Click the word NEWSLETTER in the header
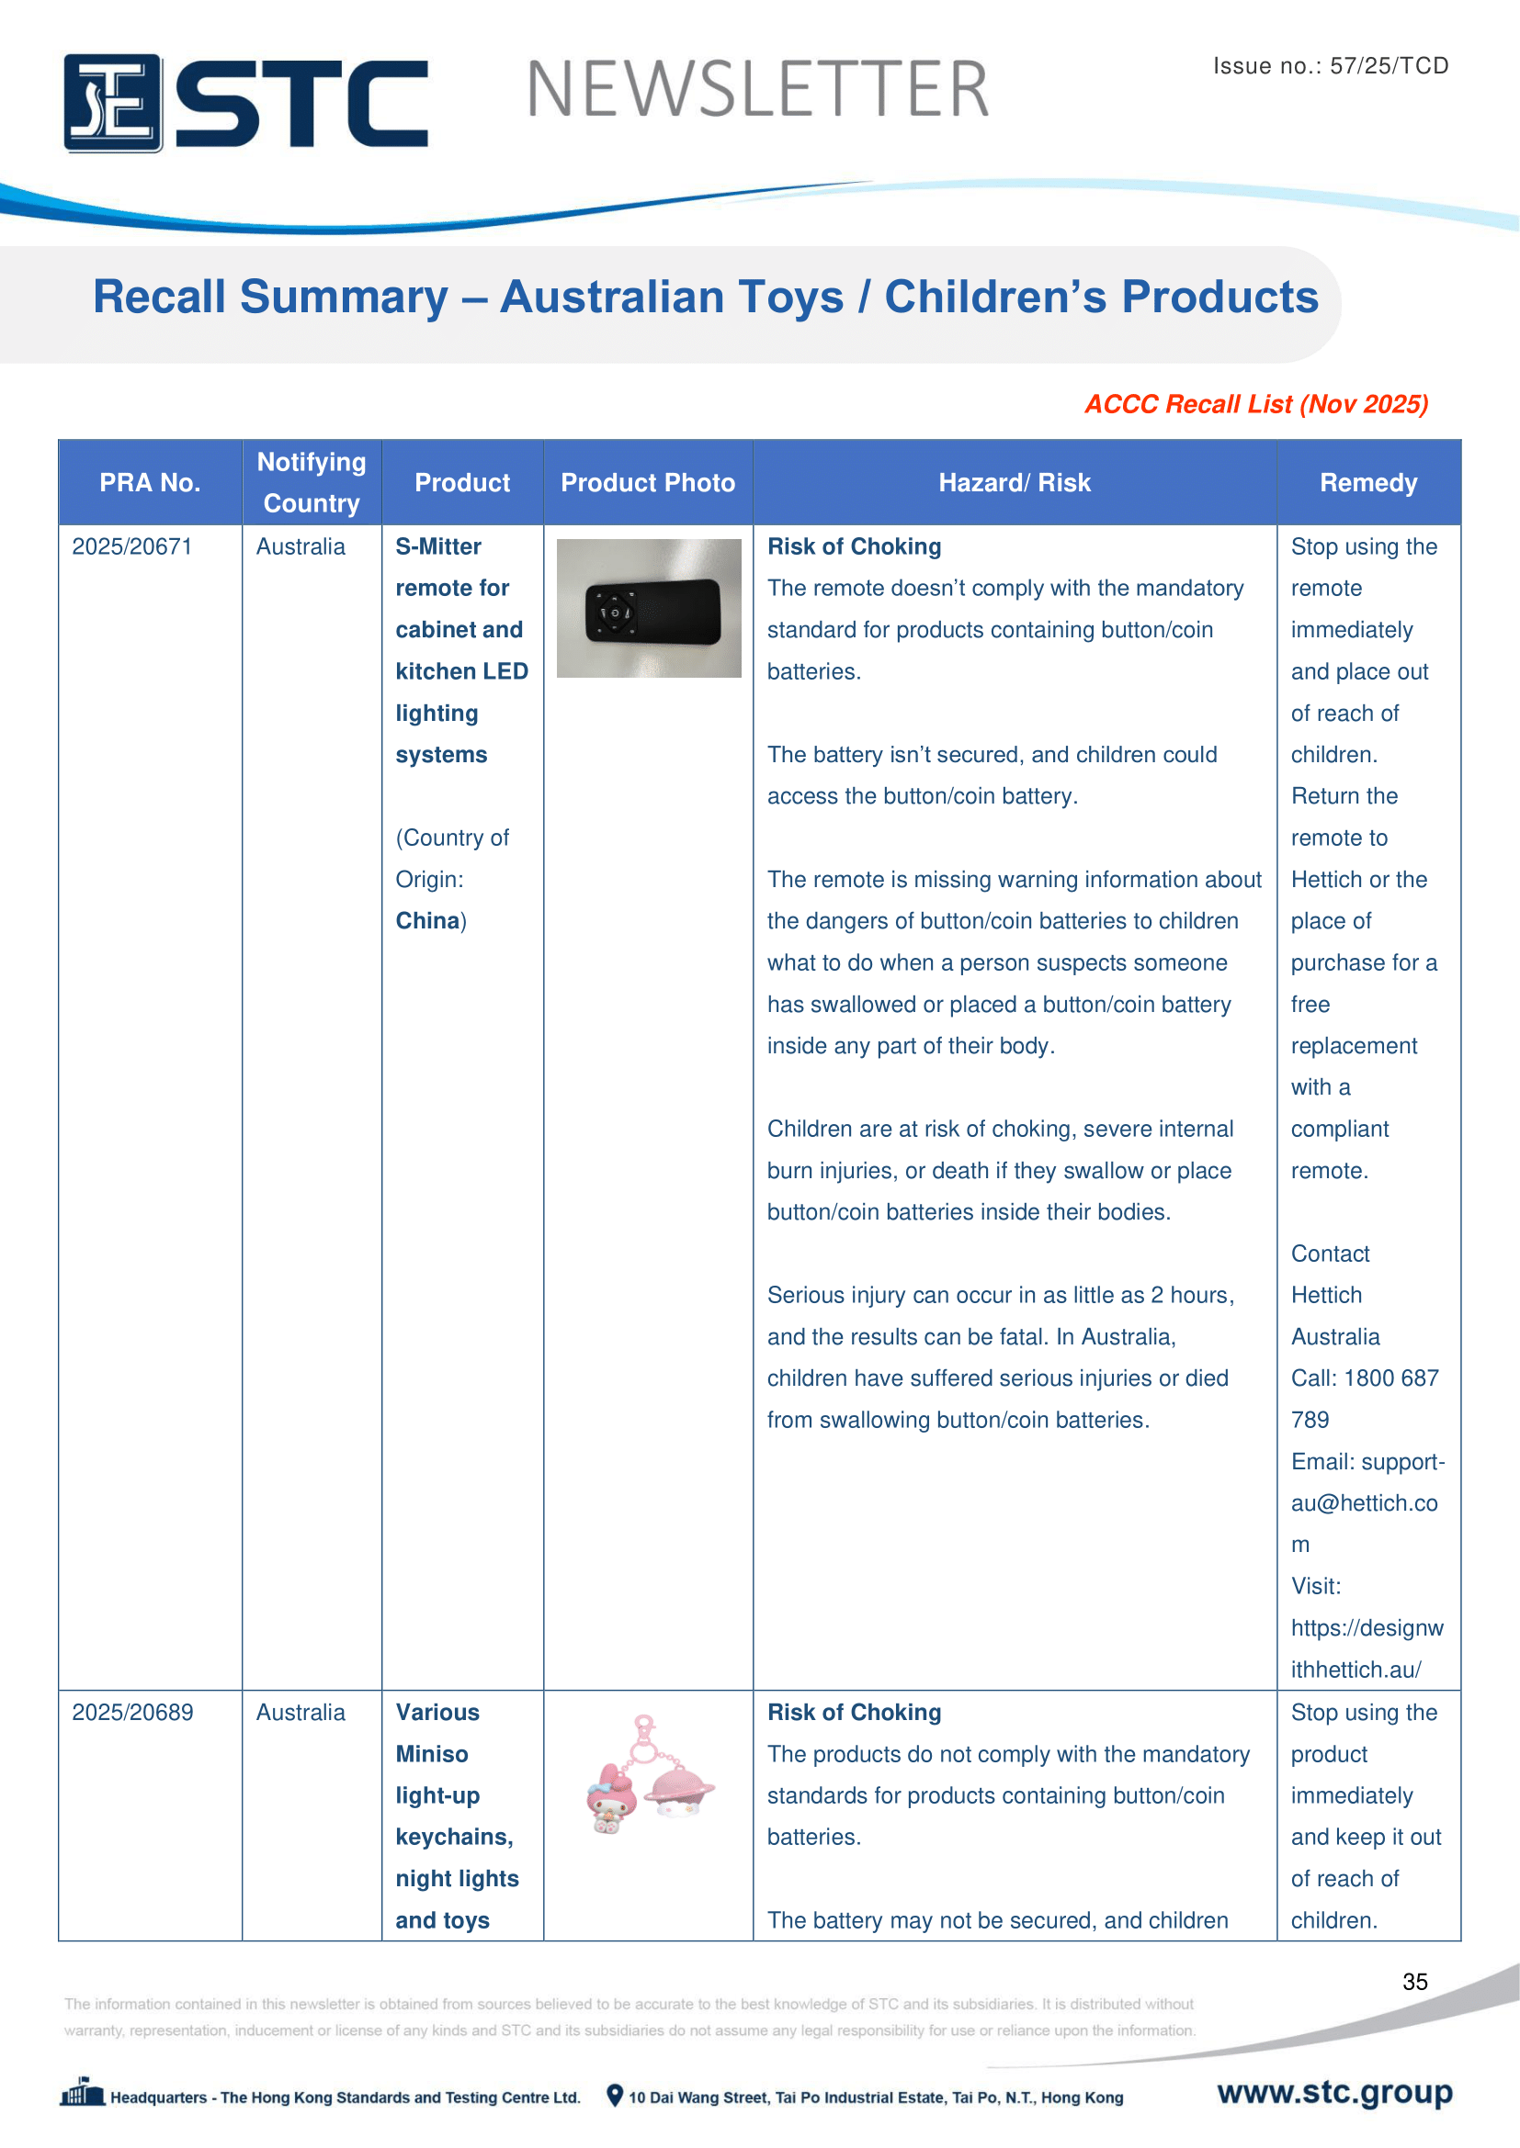(757, 90)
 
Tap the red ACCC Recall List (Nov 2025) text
(1256, 404)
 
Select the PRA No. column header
(150, 483)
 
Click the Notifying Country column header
(312, 483)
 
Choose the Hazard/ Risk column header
(1015, 483)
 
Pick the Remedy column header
(1368, 483)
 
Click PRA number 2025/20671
(132, 546)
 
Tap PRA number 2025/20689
(133, 1712)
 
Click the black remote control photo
(649, 608)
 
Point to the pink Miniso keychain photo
(649, 1777)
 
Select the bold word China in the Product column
(426, 920)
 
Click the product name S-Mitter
(438, 546)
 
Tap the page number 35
(1414, 1982)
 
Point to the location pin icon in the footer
(615, 2096)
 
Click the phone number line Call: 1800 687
(1365, 1378)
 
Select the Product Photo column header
(648, 483)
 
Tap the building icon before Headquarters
(83, 2093)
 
